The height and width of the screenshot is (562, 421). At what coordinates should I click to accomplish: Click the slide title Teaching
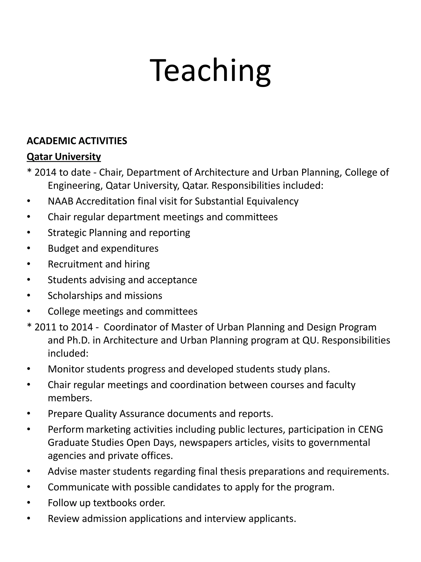tap(210, 70)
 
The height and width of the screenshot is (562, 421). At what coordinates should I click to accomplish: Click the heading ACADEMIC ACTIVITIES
tap(77, 141)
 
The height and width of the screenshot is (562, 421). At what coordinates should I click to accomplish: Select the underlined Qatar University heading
tap(64, 157)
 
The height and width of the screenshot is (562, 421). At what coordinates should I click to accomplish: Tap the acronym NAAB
tap(60, 201)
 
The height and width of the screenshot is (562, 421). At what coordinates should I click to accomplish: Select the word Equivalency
tap(272, 201)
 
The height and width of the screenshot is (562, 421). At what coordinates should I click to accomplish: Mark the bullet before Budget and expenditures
tap(29, 248)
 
